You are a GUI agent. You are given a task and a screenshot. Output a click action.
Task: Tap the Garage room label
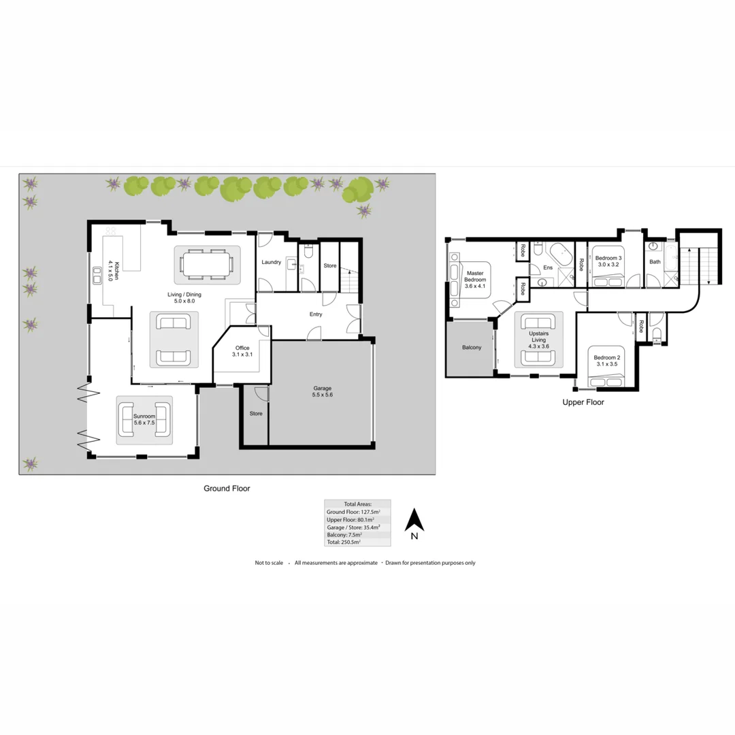[323, 391]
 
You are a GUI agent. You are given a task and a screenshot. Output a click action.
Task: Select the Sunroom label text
[145, 419]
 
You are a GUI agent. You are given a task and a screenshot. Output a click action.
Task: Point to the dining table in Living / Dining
[206, 264]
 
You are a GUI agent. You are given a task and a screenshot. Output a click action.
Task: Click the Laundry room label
[271, 262]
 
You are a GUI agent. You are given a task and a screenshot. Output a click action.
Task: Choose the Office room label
[242, 351]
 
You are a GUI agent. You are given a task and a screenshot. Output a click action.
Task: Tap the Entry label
[316, 314]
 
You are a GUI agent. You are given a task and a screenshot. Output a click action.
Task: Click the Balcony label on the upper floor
[472, 348]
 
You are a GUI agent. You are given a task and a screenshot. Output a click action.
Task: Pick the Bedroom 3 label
[608, 261]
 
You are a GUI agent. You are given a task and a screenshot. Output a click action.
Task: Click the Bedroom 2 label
[606, 361]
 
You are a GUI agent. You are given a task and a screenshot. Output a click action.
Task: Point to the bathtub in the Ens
[563, 253]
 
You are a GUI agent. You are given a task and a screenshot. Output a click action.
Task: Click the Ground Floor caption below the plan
[227, 489]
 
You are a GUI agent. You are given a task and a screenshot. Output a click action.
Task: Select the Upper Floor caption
[583, 402]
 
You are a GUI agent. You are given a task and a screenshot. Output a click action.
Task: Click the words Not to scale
[269, 563]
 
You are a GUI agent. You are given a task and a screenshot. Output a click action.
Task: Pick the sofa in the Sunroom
[127, 420]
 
